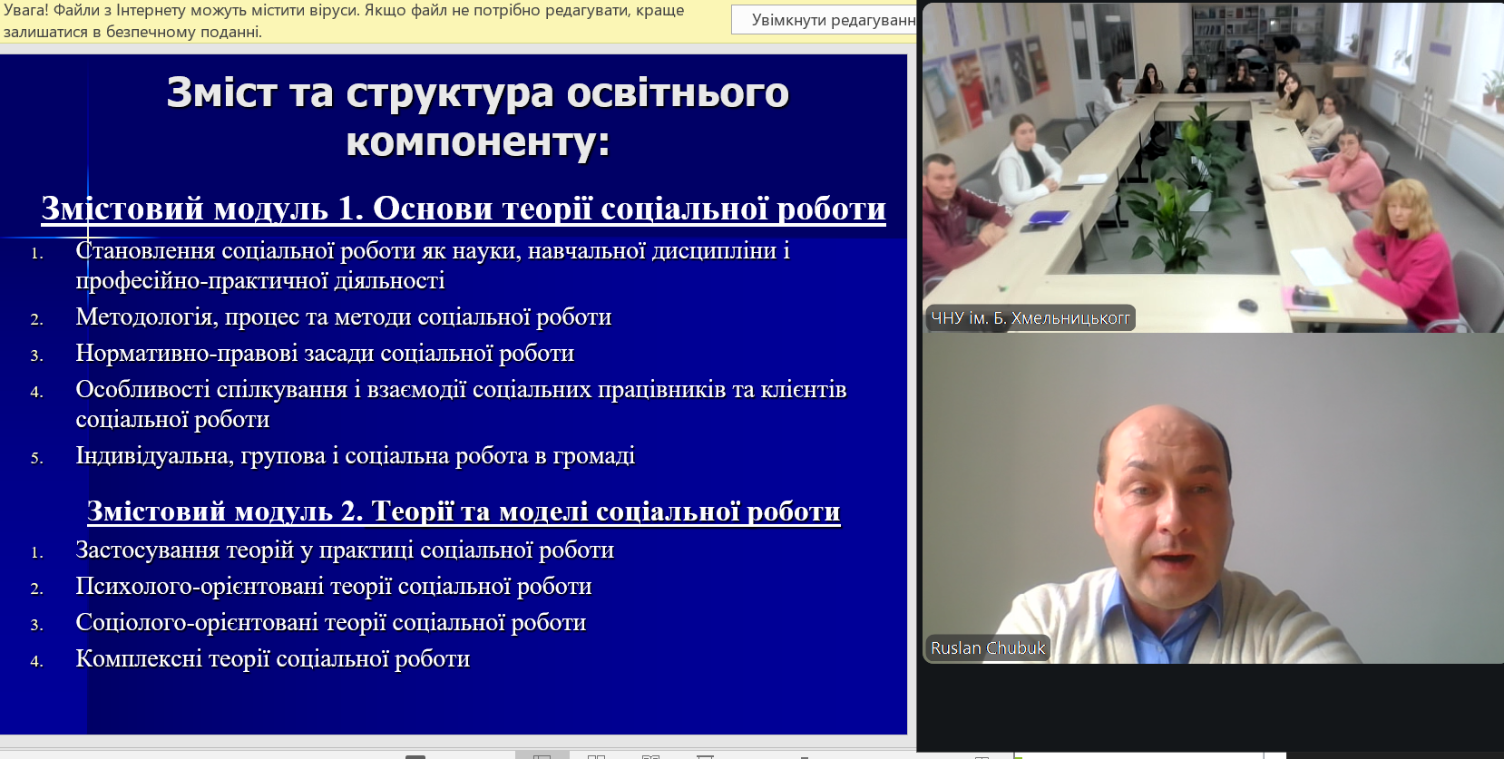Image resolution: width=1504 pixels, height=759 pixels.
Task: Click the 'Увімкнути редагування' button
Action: (825, 20)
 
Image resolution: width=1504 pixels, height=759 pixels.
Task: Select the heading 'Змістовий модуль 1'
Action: (202, 209)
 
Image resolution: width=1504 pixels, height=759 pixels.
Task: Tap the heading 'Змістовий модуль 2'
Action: (225, 511)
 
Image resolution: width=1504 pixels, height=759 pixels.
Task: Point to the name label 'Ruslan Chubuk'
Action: (988, 648)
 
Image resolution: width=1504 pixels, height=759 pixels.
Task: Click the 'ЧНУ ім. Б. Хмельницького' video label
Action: (1030, 318)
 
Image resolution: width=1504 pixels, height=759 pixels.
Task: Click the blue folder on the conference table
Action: (1048, 218)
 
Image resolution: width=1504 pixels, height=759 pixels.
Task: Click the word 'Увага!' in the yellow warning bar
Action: (25, 10)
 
